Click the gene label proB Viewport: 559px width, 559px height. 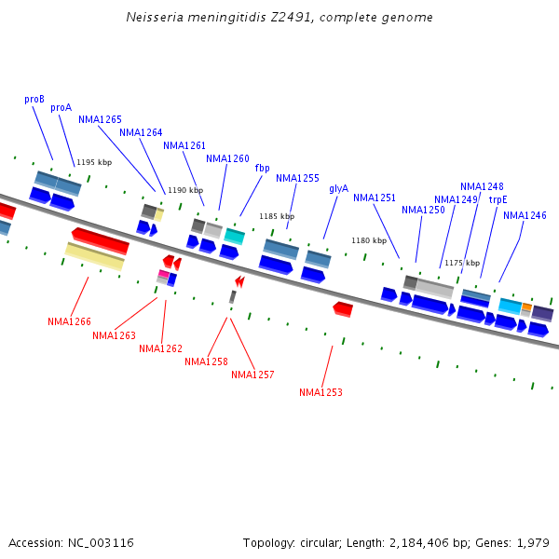(x=34, y=99)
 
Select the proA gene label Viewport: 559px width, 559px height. (x=61, y=107)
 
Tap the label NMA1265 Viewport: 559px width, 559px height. (x=100, y=119)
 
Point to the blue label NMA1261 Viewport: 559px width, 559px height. (x=184, y=145)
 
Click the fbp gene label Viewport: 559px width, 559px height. (x=262, y=168)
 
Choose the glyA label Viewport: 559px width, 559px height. (x=338, y=188)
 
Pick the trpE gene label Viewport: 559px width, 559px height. (x=498, y=199)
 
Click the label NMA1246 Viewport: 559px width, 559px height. (x=525, y=215)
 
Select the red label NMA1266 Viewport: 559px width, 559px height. (x=69, y=321)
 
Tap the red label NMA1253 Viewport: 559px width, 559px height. (x=320, y=392)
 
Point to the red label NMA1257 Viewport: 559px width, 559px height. (x=252, y=375)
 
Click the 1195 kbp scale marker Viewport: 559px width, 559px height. (x=94, y=162)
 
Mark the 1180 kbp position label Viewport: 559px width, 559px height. (x=368, y=240)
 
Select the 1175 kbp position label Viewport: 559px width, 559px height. (x=462, y=263)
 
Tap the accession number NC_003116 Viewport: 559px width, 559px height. (x=101, y=542)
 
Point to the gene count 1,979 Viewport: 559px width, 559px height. (x=533, y=542)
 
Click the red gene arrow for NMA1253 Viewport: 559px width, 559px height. (x=343, y=308)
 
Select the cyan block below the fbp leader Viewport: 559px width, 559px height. (x=235, y=236)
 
